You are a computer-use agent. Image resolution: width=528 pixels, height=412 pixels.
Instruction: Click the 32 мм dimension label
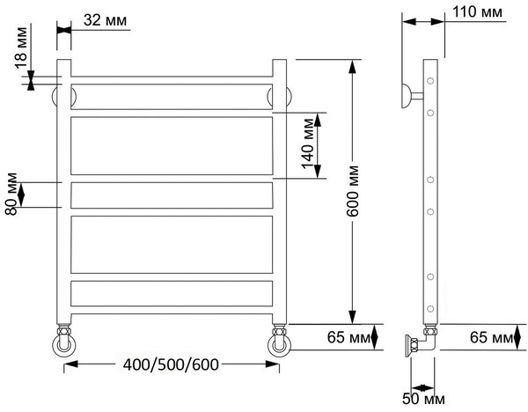pos(105,20)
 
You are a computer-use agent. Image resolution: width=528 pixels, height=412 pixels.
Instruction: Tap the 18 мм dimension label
pos(21,48)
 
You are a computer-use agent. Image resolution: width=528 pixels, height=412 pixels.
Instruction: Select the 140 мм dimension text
pos(307,143)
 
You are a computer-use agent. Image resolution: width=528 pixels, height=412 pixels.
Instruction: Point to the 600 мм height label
pos(353,191)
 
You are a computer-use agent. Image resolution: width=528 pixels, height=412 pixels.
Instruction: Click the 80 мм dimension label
pos(11,194)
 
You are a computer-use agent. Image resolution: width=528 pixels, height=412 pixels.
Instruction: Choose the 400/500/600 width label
pos(171,364)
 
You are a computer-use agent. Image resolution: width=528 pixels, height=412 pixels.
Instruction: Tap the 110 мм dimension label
pos(477,12)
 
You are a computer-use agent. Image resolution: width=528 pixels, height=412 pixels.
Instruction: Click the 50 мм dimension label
pos(423,399)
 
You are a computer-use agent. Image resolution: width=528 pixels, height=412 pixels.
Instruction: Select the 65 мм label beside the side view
pos(491,337)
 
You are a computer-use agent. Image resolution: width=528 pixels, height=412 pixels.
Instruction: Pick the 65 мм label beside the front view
pos(348,337)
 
